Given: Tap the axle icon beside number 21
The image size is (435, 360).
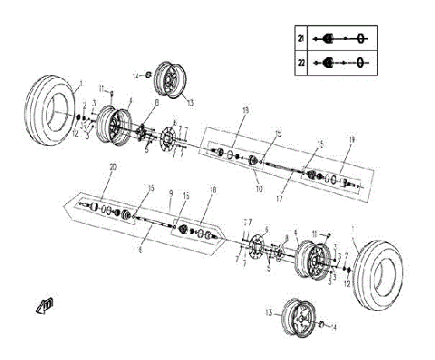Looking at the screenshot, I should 341,39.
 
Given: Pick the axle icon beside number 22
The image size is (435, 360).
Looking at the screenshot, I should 341,64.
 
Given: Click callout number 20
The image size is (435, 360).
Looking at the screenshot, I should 112,168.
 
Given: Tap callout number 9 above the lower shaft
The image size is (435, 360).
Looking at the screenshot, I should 169,192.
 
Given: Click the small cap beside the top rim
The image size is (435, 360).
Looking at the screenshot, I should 142,73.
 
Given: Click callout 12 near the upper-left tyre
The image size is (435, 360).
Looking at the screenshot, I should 76,134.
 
